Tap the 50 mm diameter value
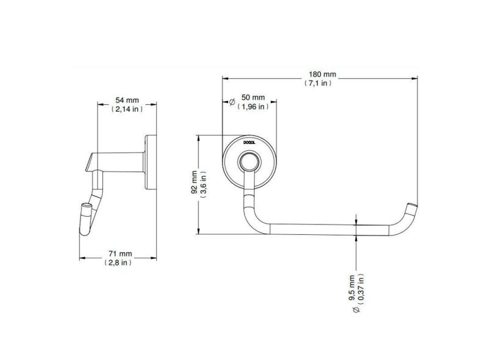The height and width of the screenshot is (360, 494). coord(253,98)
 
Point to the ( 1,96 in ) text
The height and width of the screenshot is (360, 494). coord(252,106)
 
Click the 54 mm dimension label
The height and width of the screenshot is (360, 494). coord(127,100)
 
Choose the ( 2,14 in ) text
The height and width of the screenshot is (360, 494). coord(127,109)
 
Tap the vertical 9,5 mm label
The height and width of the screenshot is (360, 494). coord(353,288)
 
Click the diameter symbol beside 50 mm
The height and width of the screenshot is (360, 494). coord(232,102)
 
